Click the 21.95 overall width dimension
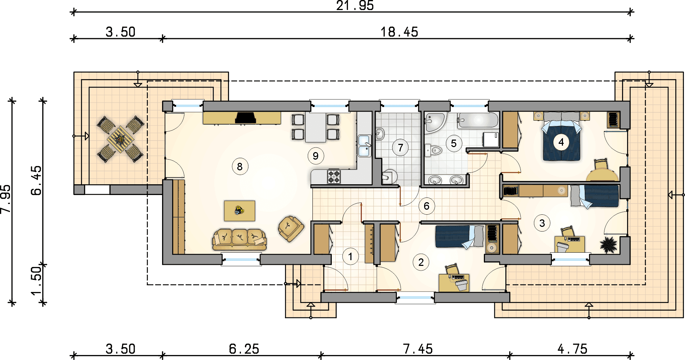coord(355,5)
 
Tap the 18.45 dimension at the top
coord(399,32)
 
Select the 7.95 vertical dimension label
coord(6,199)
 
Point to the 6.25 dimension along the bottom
coord(244,349)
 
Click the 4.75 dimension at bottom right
coord(572,349)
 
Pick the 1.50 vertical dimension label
coord(37,281)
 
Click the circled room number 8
coord(240,166)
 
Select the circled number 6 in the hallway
coord(426,206)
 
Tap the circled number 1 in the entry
coord(350,257)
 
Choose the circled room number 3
coord(542,223)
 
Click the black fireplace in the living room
coord(246,118)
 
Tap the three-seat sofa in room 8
coord(239,239)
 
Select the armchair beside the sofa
coord(291,228)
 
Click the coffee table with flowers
coord(239,211)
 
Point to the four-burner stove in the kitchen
coord(334,176)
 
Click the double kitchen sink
coord(364,146)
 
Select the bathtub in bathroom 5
coord(478,121)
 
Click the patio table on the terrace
coord(121,139)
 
